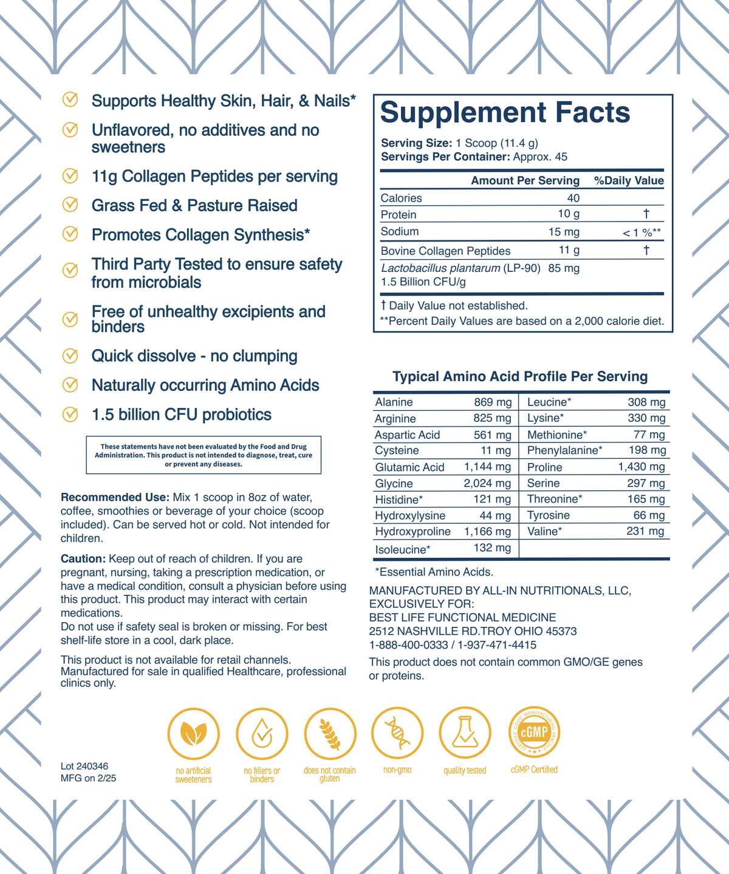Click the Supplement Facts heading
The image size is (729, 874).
click(505, 113)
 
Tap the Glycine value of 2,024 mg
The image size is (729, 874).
click(487, 484)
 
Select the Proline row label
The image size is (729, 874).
click(544, 467)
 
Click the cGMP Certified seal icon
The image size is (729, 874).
click(534, 733)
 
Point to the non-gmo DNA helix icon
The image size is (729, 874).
click(397, 733)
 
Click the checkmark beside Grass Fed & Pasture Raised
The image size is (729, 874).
click(70, 205)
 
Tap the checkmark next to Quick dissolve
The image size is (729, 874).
click(70, 356)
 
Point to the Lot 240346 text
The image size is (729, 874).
click(84, 767)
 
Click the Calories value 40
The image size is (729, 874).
click(573, 198)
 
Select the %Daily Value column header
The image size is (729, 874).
click(628, 181)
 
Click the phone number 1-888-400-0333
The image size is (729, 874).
click(408, 645)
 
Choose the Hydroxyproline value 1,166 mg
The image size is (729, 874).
click(487, 532)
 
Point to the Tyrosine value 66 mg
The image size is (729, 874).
click(649, 515)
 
